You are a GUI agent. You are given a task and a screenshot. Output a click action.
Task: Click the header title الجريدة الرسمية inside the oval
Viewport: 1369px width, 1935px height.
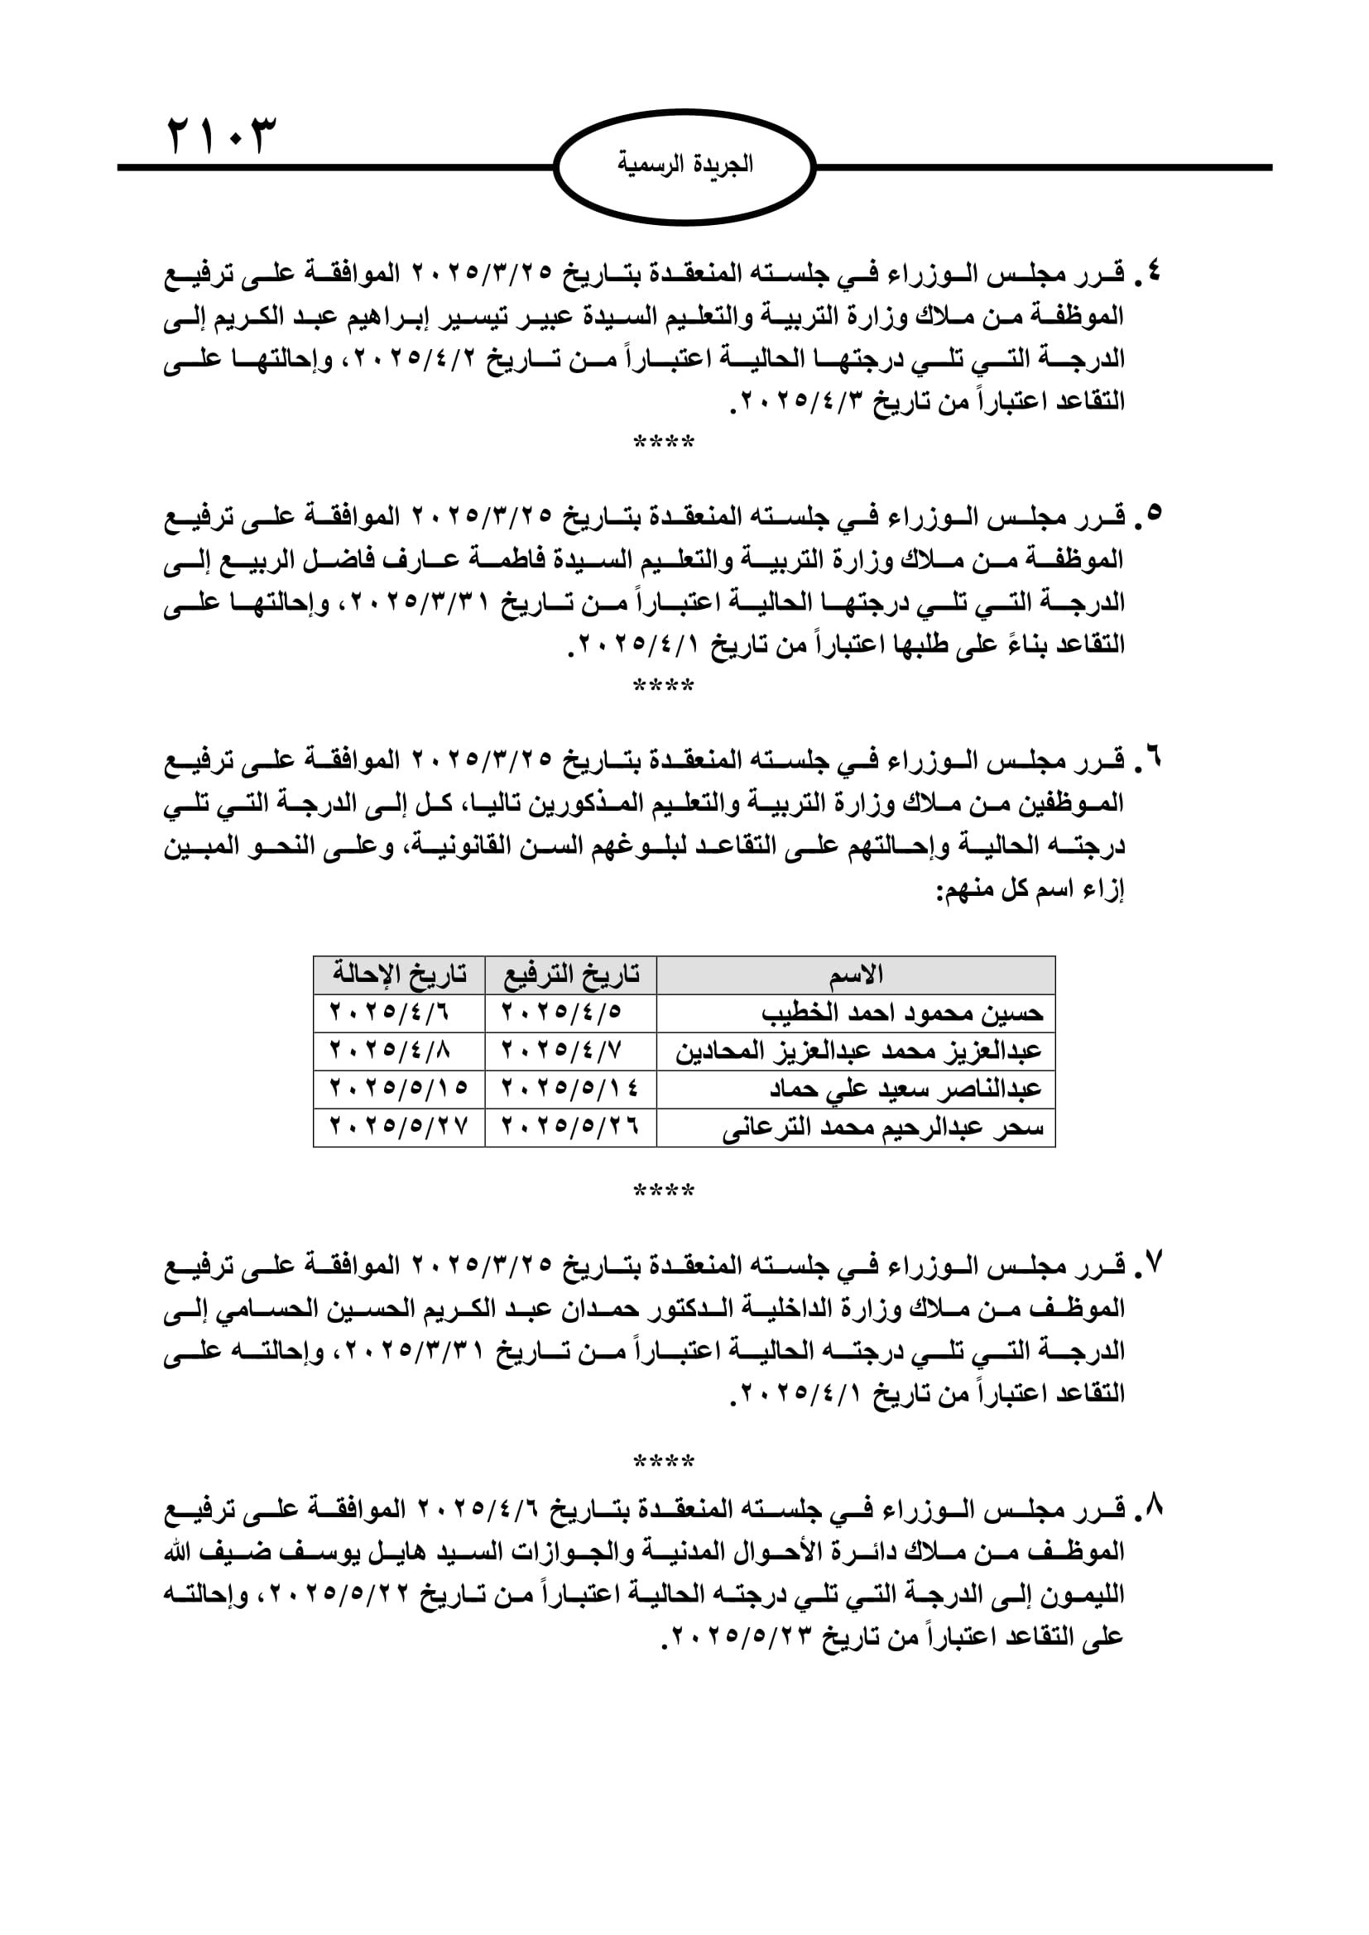click(684, 165)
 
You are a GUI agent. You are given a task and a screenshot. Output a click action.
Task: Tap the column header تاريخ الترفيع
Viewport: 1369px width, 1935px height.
click(571, 975)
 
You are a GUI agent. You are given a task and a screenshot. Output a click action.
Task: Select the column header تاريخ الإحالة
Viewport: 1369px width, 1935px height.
click(399, 975)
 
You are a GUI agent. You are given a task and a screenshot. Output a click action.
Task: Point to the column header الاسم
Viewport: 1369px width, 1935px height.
click(856, 975)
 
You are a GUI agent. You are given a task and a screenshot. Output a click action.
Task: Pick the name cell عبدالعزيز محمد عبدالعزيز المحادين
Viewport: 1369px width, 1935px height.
click(858, 1051)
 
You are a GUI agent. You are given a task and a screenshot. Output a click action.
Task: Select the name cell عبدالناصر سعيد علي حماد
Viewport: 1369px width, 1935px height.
click(905, 1089)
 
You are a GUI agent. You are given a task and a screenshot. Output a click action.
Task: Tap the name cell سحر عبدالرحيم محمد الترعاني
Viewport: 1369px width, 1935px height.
click(882, 1128)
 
